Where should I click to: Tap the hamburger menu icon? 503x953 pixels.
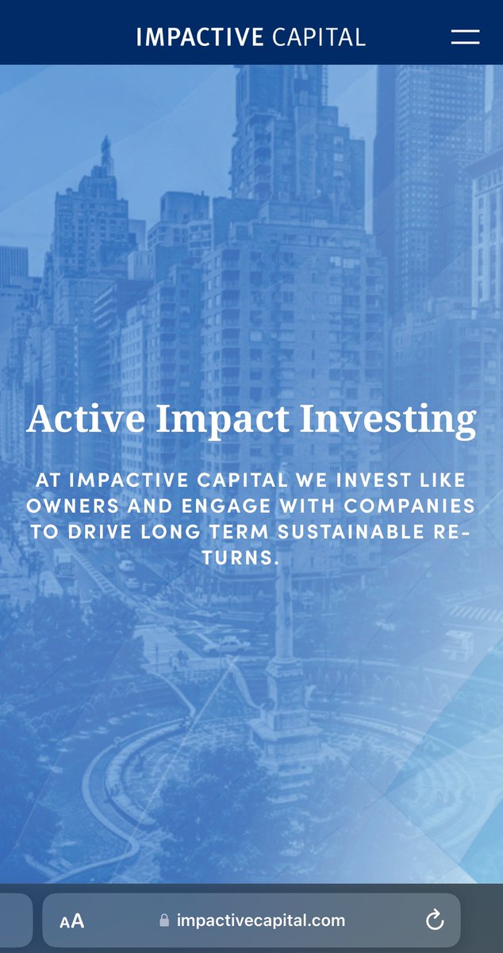point(465,37)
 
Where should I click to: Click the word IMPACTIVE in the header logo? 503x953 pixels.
point(200,37)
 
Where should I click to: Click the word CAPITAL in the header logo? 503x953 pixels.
point(318,37)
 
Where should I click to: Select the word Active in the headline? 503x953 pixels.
point(86,419)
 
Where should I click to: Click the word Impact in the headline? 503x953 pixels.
point(223,421)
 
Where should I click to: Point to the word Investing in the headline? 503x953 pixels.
point(388,421)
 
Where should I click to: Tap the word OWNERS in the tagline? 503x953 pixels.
point(73,506)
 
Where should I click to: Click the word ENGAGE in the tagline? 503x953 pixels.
point(226,506)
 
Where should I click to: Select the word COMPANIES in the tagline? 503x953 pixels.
point(409,506)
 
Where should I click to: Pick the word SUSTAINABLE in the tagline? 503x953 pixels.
point(351,532)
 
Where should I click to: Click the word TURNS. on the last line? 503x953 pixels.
point(240,558)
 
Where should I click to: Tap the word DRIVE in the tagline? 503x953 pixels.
point(99,532)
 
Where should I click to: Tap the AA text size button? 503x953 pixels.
point(72,921)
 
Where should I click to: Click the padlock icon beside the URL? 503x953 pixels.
point(164,920)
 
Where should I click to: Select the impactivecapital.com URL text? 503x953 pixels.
point(261,921)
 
